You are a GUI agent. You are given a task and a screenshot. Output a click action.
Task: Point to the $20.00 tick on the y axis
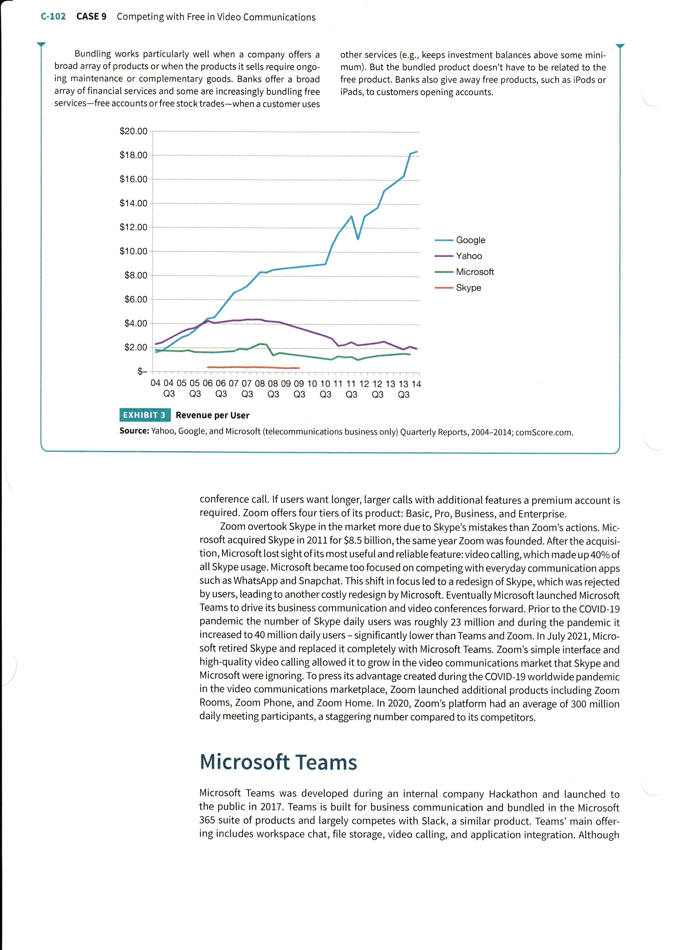click(x=134, y=131)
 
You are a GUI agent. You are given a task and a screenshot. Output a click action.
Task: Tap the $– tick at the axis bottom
click(x=142, y=371)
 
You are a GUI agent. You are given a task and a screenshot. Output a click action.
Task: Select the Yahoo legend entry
click(x=469, y=256)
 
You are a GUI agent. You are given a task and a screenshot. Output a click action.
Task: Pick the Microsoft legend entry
click(x=474, y=272)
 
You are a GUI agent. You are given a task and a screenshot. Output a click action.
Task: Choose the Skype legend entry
click(x=468, y=288)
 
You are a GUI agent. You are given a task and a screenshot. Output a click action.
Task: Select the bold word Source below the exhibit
click(x=134, y=431)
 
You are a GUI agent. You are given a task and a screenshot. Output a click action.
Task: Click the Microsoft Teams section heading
click(x=278, y=762)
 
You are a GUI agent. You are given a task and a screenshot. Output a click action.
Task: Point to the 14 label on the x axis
click(x=416, y=384)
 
